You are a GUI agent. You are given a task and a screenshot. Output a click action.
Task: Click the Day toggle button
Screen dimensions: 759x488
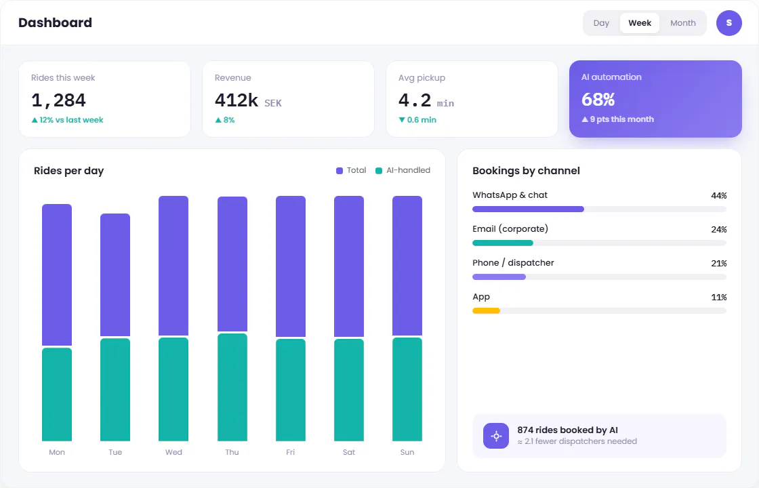coord(601,23)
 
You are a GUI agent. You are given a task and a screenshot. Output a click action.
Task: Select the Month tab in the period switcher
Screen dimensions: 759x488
coord(682,23)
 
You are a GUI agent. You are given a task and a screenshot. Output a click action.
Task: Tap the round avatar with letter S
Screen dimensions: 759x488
coord(729,23)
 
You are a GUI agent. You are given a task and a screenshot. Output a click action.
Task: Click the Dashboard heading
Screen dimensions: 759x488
coord(55,23)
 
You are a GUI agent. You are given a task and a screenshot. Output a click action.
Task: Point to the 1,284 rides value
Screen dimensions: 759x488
coord(58,100)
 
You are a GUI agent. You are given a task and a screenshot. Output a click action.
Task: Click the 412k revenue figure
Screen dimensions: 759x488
coord(237,100)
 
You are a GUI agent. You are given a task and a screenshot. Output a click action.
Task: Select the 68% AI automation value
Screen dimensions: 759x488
coord(598,99)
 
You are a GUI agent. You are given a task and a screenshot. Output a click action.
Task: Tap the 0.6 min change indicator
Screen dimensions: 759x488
coord(417,119)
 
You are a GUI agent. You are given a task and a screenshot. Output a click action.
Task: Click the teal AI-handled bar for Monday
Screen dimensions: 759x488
coord(57,394)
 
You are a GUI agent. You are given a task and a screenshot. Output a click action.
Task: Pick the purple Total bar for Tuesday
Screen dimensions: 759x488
coord(115,274)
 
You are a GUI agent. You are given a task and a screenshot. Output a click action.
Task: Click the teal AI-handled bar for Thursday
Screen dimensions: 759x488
coord(232,387)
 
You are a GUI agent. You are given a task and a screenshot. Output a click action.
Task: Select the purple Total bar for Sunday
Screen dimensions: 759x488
coord(407,265)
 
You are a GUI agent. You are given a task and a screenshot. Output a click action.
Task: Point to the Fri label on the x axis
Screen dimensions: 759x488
coord(291,452)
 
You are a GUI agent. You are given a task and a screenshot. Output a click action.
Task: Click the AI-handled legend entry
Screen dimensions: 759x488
coord(403,170)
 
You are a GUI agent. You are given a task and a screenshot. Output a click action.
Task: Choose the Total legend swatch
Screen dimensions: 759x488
coord(340,170)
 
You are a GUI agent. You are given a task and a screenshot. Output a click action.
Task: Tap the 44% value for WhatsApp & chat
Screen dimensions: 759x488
coord(719,196)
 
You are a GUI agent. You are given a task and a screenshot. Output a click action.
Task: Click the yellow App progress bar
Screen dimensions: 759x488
coord(486,311)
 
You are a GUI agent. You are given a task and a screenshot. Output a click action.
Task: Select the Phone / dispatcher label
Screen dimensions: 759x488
coord(513,263)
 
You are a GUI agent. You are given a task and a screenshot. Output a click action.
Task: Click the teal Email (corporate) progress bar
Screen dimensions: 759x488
coord(502,243)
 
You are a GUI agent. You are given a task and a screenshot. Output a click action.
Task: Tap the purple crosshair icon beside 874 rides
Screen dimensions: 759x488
coord(496,436)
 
